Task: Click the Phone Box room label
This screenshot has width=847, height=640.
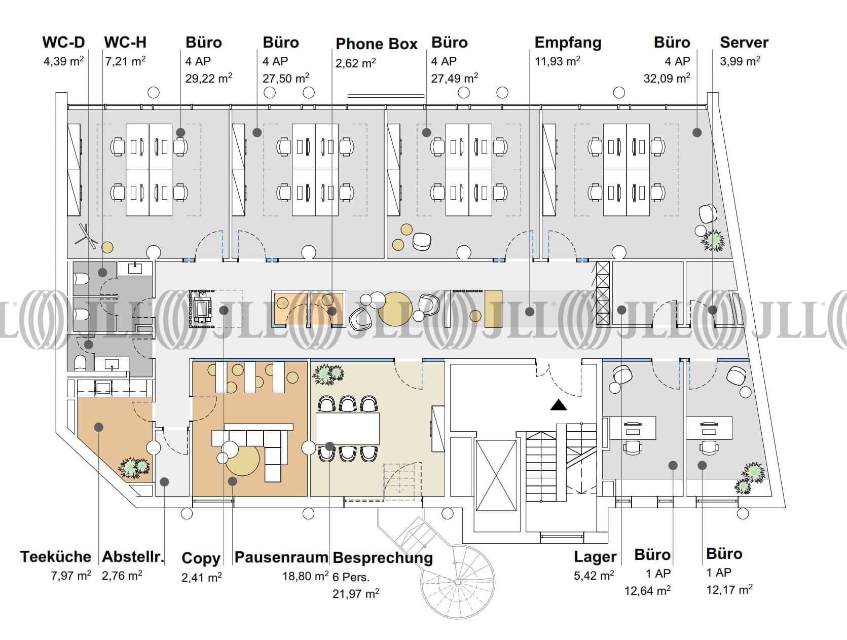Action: tap(376, 44)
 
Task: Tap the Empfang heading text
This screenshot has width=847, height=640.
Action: tap(568, 43)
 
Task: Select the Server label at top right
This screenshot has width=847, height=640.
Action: tap(744, 43)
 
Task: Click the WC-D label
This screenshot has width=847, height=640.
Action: tap(63, 42)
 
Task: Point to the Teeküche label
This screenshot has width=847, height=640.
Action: tap(56, 556)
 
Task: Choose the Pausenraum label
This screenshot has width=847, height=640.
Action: tap(281, 557)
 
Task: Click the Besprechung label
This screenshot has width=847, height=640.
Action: tap(383, 558)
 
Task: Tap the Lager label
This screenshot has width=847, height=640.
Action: tap(595, 557)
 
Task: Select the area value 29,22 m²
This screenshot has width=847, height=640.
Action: tap(209, 79)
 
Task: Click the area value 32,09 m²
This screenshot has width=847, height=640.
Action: tap(667, 79)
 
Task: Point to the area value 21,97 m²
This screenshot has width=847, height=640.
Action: tap(356, 593)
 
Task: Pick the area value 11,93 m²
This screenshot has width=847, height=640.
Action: tap(557, 61)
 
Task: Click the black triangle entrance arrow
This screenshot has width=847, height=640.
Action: tap(559, 405)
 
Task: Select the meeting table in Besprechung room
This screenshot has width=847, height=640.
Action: tap(348, 429)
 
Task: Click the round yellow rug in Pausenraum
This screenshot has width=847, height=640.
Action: tap(243, 459)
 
